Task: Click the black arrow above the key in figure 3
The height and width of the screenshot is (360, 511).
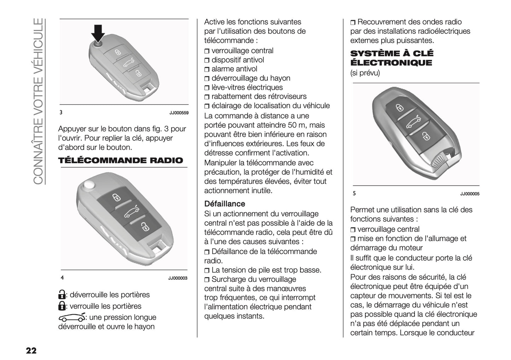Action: pos(98,33)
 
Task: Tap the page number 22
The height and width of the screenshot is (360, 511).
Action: pos(31,350)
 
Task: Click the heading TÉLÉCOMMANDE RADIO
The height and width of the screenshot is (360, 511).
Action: pos(121,161)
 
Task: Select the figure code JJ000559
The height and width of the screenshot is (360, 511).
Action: pos(179,113)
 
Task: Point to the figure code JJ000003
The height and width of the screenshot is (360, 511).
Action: pos(178,278)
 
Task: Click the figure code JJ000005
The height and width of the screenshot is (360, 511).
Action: pos(470,194)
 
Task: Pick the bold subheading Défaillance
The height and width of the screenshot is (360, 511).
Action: pos(225,204)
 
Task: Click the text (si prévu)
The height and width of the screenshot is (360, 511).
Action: pos(365,73)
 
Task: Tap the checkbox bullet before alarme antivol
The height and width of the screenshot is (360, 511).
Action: pos(207,70)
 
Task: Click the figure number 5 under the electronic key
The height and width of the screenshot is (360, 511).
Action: pos(354,194)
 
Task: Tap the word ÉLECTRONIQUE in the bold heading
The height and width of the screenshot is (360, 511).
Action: pos(391,63)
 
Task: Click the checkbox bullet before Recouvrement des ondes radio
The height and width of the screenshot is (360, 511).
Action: pos(353,23)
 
